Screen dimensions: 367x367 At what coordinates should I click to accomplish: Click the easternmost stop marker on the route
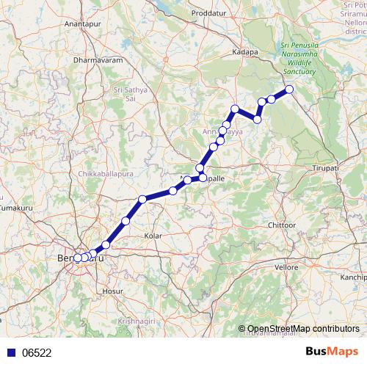[x=289, y=90]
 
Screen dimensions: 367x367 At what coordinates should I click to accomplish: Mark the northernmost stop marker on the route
[x=289, y=90]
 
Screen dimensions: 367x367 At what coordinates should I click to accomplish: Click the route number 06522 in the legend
[x=37, y=352]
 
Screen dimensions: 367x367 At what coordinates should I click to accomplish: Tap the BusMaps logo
[x=331, y=352]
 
